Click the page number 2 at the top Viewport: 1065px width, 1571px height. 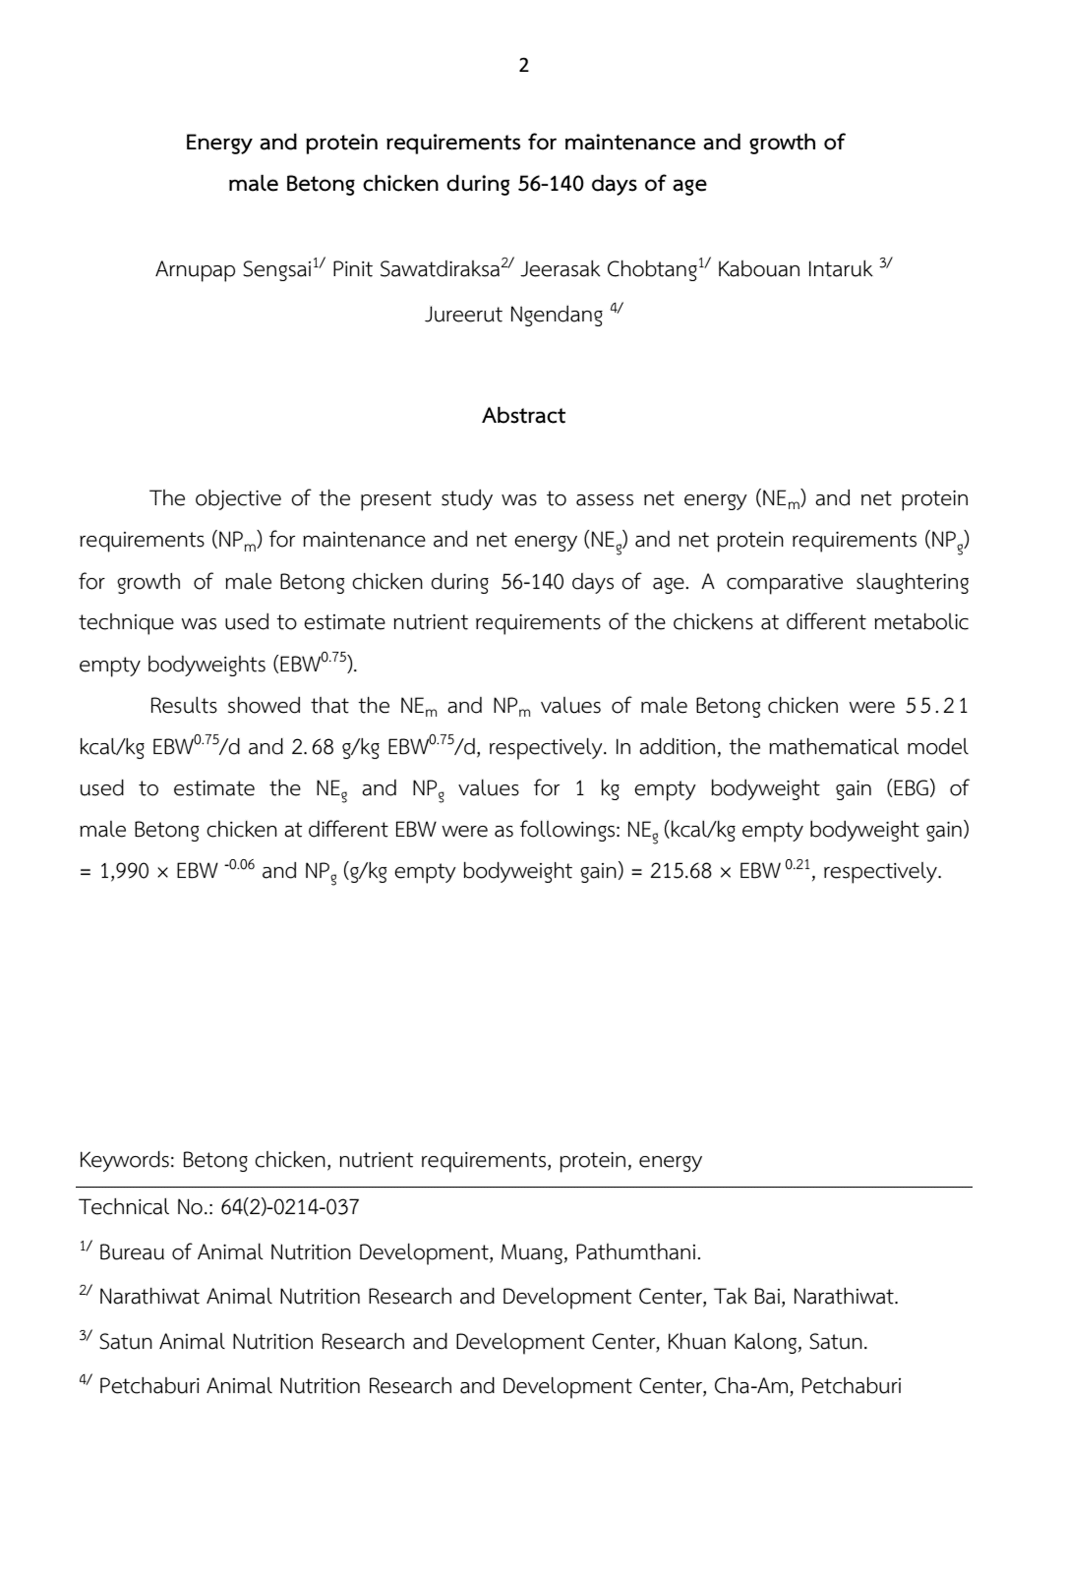pyautogui.click(x=523, y=65)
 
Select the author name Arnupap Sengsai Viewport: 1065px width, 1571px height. pyautogui.click(x=233, y=270)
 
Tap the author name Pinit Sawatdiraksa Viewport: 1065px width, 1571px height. pyautogui.click(x=415, y=270)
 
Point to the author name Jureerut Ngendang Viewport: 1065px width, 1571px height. pyautogui.click(x=513, y=315)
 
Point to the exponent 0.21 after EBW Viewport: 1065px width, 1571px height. pyautogui.click(x=797, y=865)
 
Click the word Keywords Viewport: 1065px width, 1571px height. pyautogui.click(x=126, y=1160)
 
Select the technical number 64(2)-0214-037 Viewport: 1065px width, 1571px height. pyautogui.click(x=290, y=1207)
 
